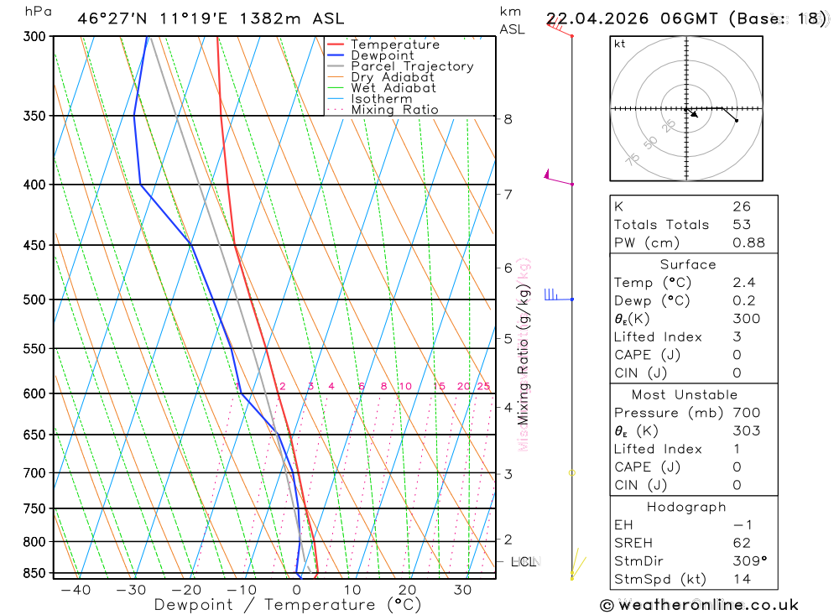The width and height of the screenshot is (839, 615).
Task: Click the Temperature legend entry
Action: pyautogui.click(x=394, y=44)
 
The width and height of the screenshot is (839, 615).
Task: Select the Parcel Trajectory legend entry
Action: pyautogui.click(x=411, y=66)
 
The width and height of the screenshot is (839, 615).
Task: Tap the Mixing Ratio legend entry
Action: pyautogui.click(x=394, y=110)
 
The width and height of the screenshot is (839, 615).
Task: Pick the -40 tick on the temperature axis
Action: pyautogui.click(x=76, y=590)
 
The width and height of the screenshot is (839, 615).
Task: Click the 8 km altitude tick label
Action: pyautogui.click(x=508, y=119)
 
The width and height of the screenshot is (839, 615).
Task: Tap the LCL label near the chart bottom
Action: pyautogui.click(x=524, y=561)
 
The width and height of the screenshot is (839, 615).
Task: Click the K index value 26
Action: pyautogui.click(x=741, y=206)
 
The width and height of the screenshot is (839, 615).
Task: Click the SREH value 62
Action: pyautogui.click(x=741, y=543)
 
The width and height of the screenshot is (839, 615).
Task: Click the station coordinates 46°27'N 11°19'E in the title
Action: pyautogui.click(x=159, y=18)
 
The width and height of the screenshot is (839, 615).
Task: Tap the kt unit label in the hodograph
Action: pyautogui.click(x=620, y=44)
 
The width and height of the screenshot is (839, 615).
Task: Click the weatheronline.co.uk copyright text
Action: pyautogui.click(x=699, y=605)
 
